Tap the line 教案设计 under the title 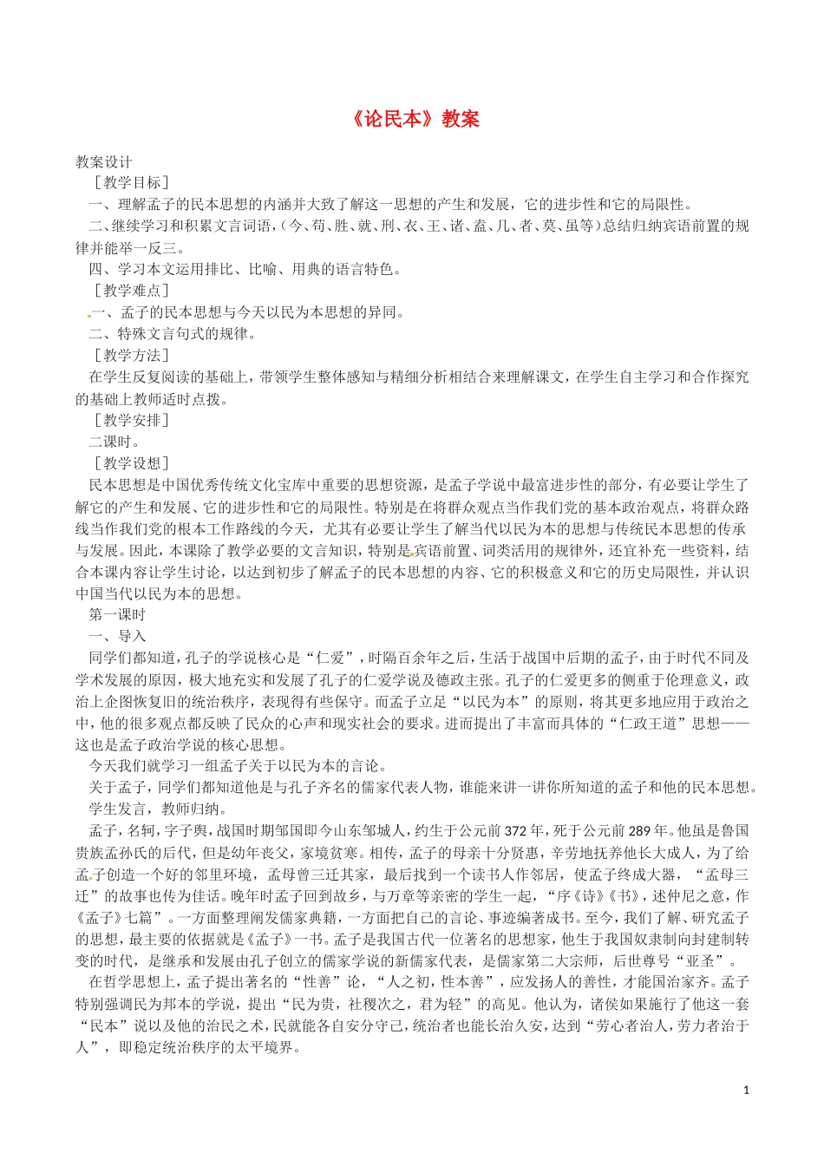104,161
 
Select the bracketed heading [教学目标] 131,183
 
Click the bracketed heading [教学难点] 131,291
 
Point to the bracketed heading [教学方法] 131,356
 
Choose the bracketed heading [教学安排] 131,421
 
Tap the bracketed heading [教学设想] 131,463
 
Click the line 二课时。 114,442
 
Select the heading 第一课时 118,615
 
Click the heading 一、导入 118,637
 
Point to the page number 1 746,1090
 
